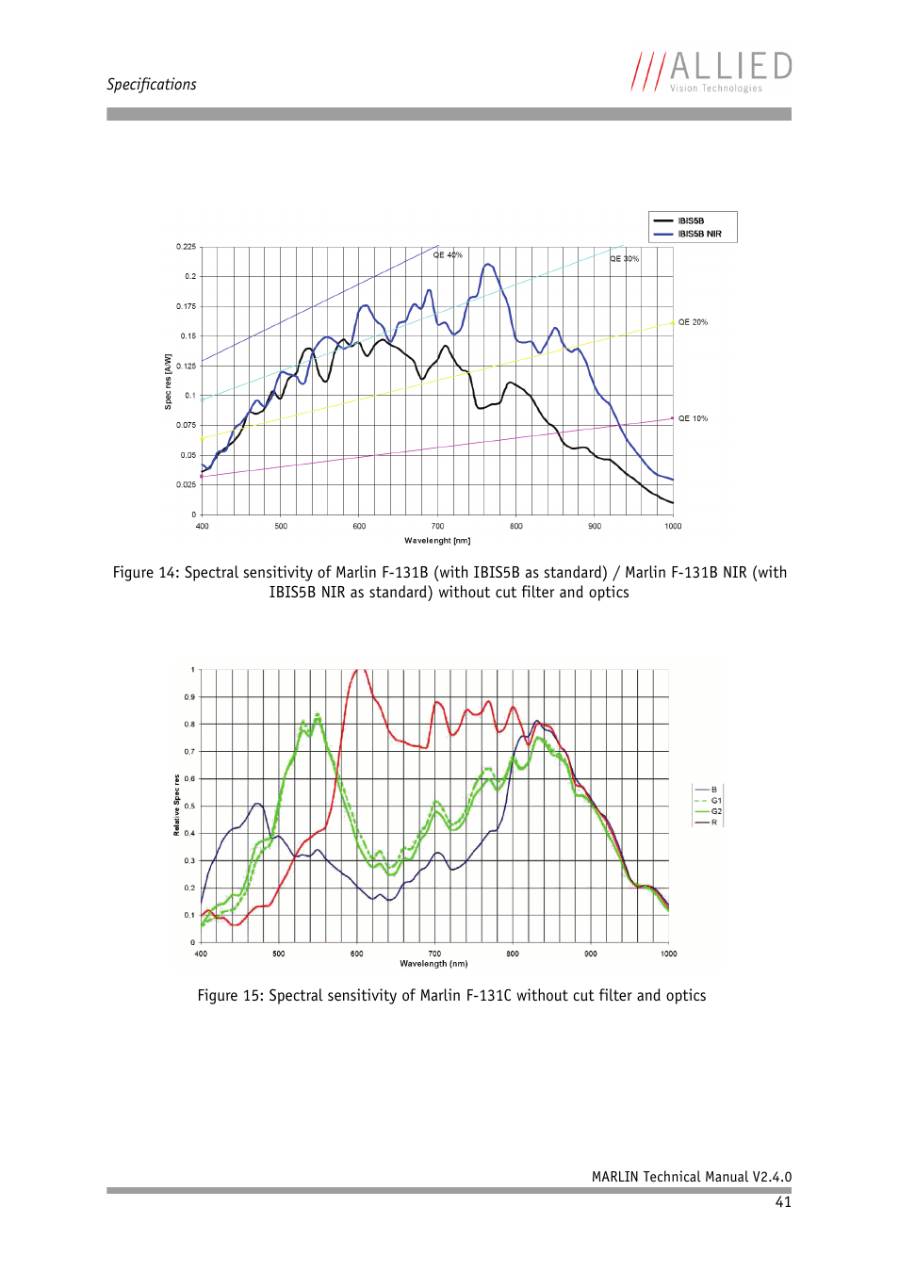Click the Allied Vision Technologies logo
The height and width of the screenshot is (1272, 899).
pyautogui.click(x=711, y=72)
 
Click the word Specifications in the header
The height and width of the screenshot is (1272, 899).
pyautogui.click(x=152, y=85)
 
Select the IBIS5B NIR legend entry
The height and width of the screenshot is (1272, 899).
pyautogui.click(x=699, y=234)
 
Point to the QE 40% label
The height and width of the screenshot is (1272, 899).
pyautogui.click(x=448, y=255)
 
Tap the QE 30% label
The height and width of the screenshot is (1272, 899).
pyautogui.click(x=624, y=259)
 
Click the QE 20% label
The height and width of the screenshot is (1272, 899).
pyautogui.click(x=693, y=322)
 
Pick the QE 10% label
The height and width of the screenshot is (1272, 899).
pyautogui.click(x=693, y=418)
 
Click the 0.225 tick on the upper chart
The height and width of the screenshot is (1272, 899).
pyautogui.click(x=186, y=247)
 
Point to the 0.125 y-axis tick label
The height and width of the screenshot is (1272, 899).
pyautogui.click(x=186, y=366)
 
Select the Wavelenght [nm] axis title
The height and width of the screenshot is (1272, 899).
pyautogui.click(x=437, y=541)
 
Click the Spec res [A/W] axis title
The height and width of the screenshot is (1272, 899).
pyautogui.click(x=169, y=382)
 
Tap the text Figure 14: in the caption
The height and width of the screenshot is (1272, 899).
pyautogui.click(x=146, y=573)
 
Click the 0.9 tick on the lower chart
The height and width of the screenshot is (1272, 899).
pyautogui.click(x=189, y=697)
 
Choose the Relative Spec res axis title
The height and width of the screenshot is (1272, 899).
pyautogui.click(x=176, y=806)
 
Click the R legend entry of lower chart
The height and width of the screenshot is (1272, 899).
pyautogui.click(x=713, y=823)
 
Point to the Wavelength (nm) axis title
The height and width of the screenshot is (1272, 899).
pyautogui.click(x=433, y=964)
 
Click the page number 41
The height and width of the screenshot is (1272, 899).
pyautogui.click(x=783, y=1202)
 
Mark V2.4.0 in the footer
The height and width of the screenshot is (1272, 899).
pyautogui.click(x=772, y=1177)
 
